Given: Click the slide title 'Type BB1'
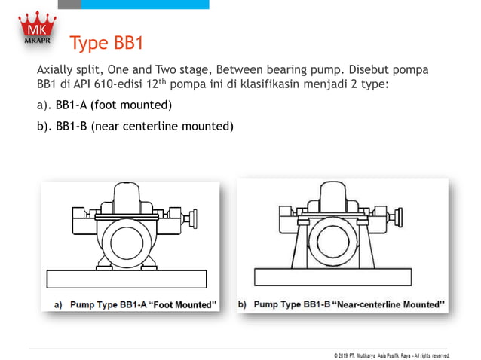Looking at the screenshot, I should pyautogui.click(x=106, y=43).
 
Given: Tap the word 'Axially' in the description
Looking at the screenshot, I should pyautogui.click(x=58, y=69).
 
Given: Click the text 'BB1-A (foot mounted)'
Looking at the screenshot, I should pyautogui.click(x=114, y=104).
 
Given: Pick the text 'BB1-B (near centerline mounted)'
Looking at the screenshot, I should pyautogui.click(x=145, y=126).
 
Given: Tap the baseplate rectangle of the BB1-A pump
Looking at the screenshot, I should pyautogui.click(x=127, y=279).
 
